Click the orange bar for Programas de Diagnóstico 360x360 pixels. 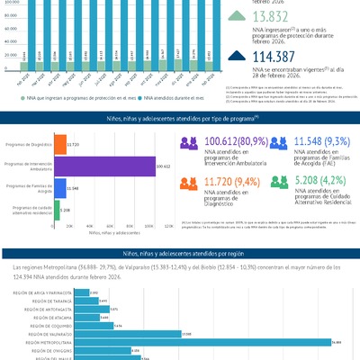point(60,144)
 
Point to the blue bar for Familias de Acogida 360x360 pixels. point(60,188)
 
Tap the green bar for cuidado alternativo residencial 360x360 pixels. point(57,211)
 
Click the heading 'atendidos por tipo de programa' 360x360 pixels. point(180,118)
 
